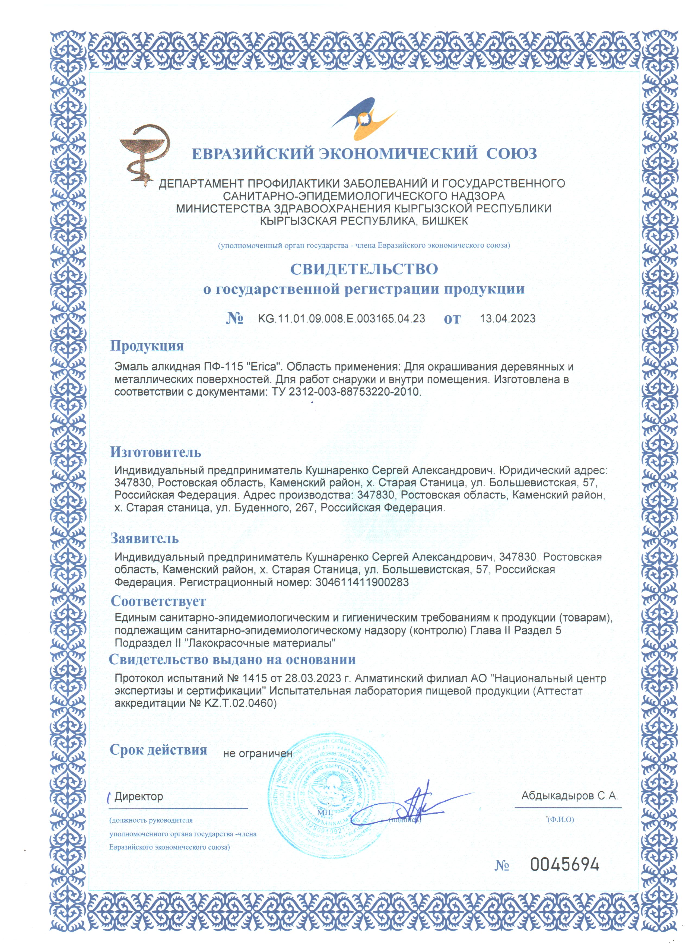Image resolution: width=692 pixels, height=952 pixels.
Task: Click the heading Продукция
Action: coord(147,346)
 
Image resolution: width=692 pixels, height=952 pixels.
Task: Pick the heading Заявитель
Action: coord(144,538)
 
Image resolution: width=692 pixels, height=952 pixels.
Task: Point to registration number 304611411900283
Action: coord(362,582)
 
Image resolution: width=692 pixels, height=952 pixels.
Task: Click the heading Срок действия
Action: coord(158,750)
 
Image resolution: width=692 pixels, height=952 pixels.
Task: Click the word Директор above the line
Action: coord(138,797)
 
